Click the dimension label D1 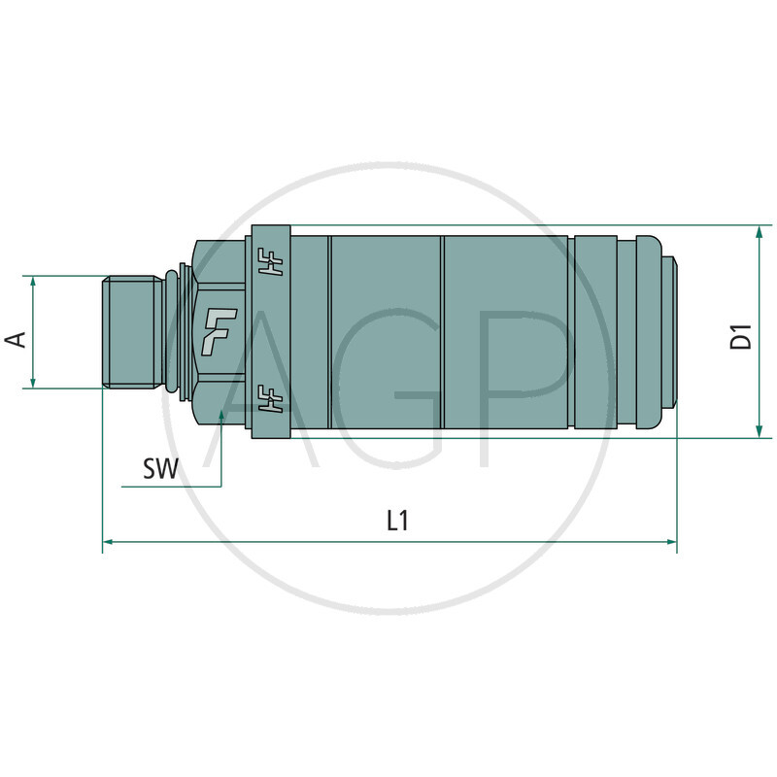coord(743,337)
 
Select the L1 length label coord(396,521)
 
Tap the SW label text coord(160,471)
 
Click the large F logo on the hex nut coord(220,330)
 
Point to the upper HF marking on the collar coord(271,262)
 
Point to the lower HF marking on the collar coord(271,398)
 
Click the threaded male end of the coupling coord(131,332)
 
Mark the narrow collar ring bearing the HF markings coord(271,330)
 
